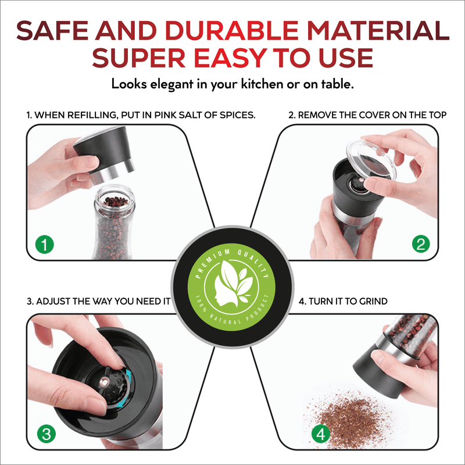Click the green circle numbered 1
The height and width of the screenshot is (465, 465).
pos(45,245)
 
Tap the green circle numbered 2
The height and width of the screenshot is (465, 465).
pos(421,244)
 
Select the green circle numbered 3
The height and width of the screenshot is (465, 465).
pos(46,434)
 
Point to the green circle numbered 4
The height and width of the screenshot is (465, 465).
pos(321,434)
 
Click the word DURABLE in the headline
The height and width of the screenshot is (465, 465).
pos(231,31)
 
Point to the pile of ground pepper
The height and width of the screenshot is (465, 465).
pos(350,419)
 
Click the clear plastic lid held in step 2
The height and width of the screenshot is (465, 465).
pos(371,161)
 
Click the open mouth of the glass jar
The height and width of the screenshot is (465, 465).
pos(115,198)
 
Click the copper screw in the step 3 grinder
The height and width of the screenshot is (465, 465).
pos(103,382)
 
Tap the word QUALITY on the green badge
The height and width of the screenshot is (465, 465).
pos(255,263)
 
